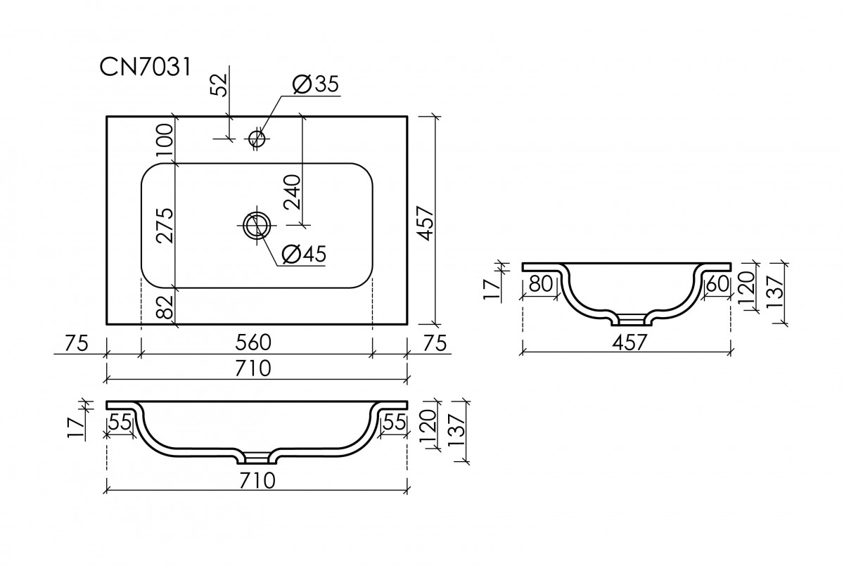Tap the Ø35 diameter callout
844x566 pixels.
(x=314, y=84)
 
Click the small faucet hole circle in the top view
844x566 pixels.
(x=257, y=138)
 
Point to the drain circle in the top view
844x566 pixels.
(x=256, y=226)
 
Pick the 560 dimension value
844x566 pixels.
(x=254, y=342)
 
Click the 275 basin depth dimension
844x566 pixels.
(x=165, y=226)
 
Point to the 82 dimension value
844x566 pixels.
(x=165, y=307)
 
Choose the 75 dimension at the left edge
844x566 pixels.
(x=76, y=342)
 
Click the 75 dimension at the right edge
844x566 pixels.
(x=437, y=342)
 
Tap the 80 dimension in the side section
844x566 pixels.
(x=541, y=284)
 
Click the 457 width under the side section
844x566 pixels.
(x=627, y=342)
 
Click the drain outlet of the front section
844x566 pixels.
(x=257, y=459)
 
